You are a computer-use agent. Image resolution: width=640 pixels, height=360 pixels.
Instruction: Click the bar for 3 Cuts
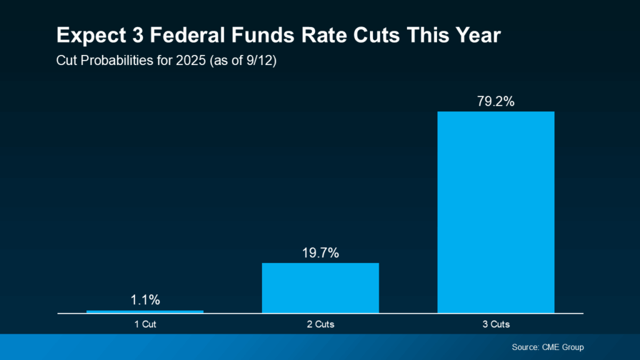[x=496, y=212]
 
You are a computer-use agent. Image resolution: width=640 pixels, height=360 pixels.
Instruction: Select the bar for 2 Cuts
[x=320, y=287]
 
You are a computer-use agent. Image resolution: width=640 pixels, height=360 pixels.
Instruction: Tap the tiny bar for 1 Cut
[x=145, y=311]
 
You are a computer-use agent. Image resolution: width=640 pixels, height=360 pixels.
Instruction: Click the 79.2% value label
[x=496, y=101]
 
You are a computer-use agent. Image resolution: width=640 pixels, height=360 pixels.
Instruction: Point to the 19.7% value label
[x=320, y=252]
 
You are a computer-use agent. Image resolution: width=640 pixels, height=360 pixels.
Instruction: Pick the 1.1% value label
[x=145, y=300]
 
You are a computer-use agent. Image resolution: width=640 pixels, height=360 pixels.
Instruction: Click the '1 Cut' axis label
[x=145, y=324]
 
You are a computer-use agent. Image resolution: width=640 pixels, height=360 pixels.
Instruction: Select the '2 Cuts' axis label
[x=321, y=324]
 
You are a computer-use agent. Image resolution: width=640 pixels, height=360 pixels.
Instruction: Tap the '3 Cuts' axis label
[x=496, y=324]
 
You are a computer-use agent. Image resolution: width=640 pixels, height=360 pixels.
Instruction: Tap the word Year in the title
[x=476, y=36]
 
